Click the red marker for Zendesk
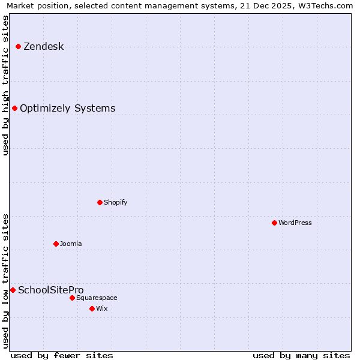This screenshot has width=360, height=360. (18, 46)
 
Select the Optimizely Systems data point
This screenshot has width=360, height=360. (14, 108)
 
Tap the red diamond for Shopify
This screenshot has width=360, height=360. (100, 202)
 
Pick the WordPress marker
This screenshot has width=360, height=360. (274, 223)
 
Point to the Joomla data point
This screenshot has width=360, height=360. (56, 244)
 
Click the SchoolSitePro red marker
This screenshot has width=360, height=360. (13, 290)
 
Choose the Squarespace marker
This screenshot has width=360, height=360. (72, 298)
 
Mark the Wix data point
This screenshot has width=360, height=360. (92, 308)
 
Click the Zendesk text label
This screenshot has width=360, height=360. (43, 46)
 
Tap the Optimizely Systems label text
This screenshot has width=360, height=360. (67, 108)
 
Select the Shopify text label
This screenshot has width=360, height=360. (115, 202)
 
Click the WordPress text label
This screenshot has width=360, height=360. (295, 223)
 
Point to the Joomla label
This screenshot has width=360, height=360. (71, 244)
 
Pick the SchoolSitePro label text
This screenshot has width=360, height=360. (50, 290)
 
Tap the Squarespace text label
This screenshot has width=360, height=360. (97, 298)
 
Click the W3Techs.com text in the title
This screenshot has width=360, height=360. (324, 6)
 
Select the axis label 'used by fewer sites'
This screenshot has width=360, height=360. (62, 355)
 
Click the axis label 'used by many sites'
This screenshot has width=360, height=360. (301, 355)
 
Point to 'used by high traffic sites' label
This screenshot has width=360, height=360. (6, 85)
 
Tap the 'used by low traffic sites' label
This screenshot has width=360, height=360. (6, 281)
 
